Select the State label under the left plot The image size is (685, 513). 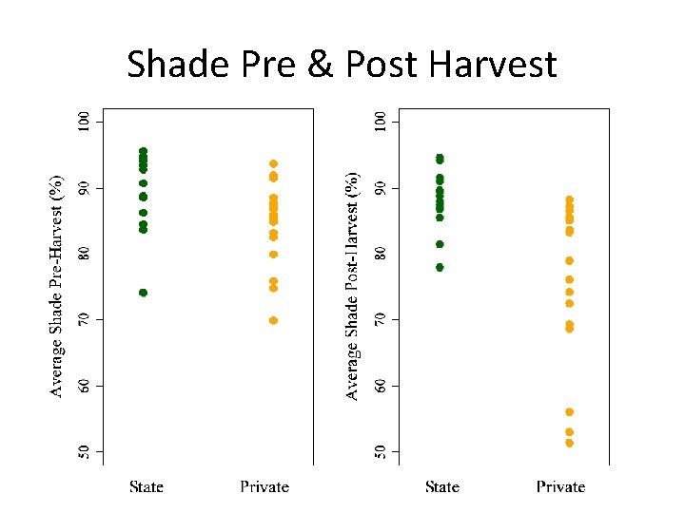tap(147, 487)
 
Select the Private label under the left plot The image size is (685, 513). tap(264, 487)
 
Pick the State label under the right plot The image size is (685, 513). tap(442, 487)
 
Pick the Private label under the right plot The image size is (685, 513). tap(560, 487)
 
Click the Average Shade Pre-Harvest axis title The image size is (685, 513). tap(57, 285)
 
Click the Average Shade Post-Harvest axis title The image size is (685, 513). tap(353, 285)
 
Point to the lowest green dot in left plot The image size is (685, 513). tap(143, 293)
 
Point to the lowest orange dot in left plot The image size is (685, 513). tap(273, 320)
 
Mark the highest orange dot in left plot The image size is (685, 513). tap(273, 164)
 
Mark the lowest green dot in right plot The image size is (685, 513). tap(440, 267)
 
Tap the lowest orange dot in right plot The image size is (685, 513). tap(570, 443)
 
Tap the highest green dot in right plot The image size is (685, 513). tap(440, 159)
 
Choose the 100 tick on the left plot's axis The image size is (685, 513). tap(85, 122)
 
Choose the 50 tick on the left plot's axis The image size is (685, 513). tap(85, 451)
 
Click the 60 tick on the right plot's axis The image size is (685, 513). tap(381, 386)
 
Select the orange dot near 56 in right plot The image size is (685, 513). tap(570, 412)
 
